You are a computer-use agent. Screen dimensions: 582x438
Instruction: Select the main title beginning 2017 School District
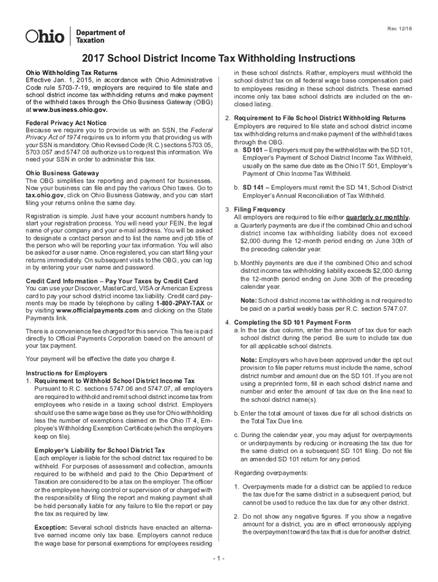(x=218, y=59)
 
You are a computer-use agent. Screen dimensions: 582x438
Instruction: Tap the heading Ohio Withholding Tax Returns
(x=72, y=73)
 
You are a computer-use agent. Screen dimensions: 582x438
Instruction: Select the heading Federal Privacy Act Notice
(x=66, y=123)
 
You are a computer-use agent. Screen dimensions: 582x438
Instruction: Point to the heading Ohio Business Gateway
(x=63, y=173)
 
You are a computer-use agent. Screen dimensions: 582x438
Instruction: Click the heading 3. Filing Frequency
(x=255, y=210)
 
